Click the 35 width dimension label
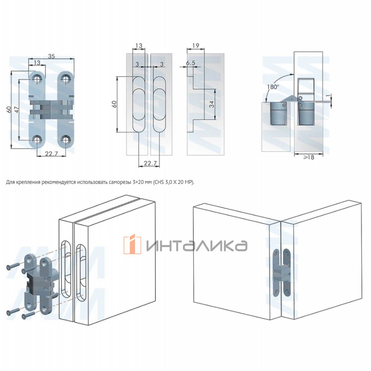click(51, 56)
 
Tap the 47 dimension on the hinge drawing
click(17, 109)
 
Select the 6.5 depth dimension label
click(190, 63)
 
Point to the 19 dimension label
click(196, 46)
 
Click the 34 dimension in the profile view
click(211, 104)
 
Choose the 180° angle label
click(273, 87)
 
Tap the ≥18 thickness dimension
click(309, 157)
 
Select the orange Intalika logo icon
click(132, 244)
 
